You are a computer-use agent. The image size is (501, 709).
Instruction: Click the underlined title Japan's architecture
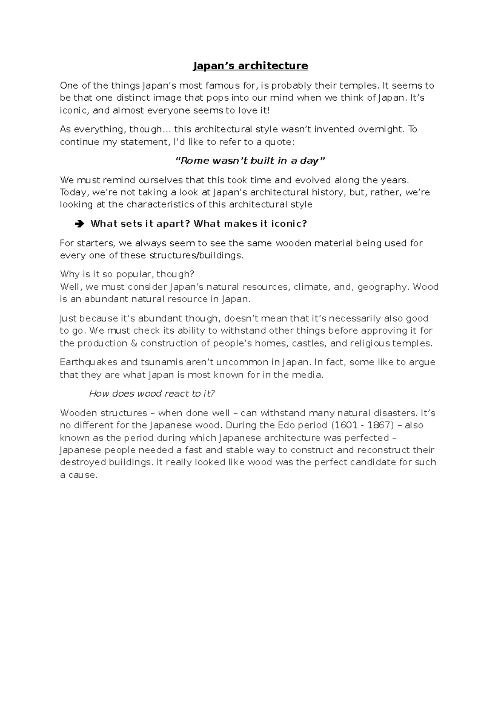point(250,66)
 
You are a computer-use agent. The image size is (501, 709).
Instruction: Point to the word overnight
point(381,129)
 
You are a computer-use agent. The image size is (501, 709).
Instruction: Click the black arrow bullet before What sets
point(79,224)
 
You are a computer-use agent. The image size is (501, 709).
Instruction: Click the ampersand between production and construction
point(134,343)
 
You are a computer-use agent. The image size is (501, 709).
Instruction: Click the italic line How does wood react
point(152,394)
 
